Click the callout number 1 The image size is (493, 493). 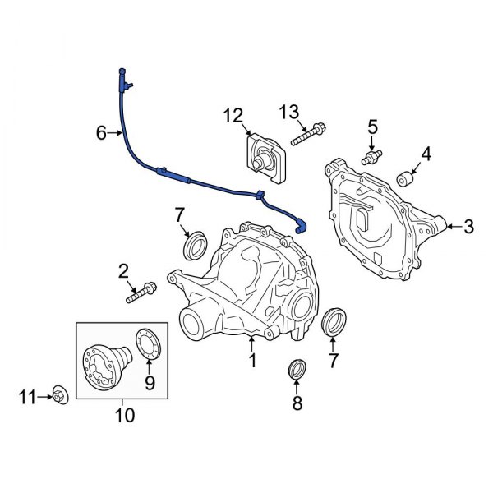point(253,359)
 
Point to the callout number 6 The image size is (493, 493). point(101,132)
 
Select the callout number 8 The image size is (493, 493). point(297,403)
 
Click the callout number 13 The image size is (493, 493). point(289,112)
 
